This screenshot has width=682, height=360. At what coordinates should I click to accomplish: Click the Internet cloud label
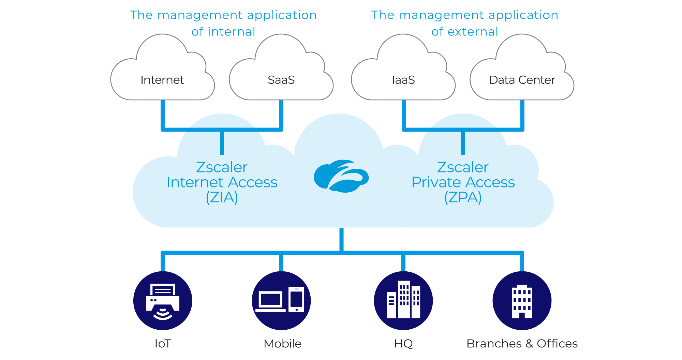tap(162, 80)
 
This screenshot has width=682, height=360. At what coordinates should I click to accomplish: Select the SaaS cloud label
tap(281, 80)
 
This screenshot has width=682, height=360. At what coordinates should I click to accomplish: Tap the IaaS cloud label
tap(403, 80)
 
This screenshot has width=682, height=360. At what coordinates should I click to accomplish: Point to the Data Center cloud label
tap(522, 80)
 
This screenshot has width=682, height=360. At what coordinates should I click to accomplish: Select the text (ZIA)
tap(222, 197)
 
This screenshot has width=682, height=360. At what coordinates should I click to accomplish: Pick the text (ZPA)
tap(463, 197)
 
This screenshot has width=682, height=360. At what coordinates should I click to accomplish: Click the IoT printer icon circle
tap(163, 301)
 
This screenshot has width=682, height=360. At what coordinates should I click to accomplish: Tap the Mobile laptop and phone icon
tap(281, 301)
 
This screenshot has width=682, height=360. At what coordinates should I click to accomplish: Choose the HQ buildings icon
tap(403, 301)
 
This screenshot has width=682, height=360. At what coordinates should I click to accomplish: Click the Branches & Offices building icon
tap(522, 301)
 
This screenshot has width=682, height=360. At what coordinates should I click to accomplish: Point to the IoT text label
tap(163, 344)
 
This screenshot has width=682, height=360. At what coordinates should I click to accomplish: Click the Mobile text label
tap(282, 344)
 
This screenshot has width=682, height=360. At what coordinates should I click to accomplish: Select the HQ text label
tap(403, 344)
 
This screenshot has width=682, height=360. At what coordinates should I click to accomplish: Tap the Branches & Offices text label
tap(522, 344)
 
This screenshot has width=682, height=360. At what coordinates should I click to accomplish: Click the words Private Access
tap(463, 182)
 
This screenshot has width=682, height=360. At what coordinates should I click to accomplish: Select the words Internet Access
tap(222, 182)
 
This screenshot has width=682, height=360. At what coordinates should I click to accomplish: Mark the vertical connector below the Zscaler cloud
tap(341, 240)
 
